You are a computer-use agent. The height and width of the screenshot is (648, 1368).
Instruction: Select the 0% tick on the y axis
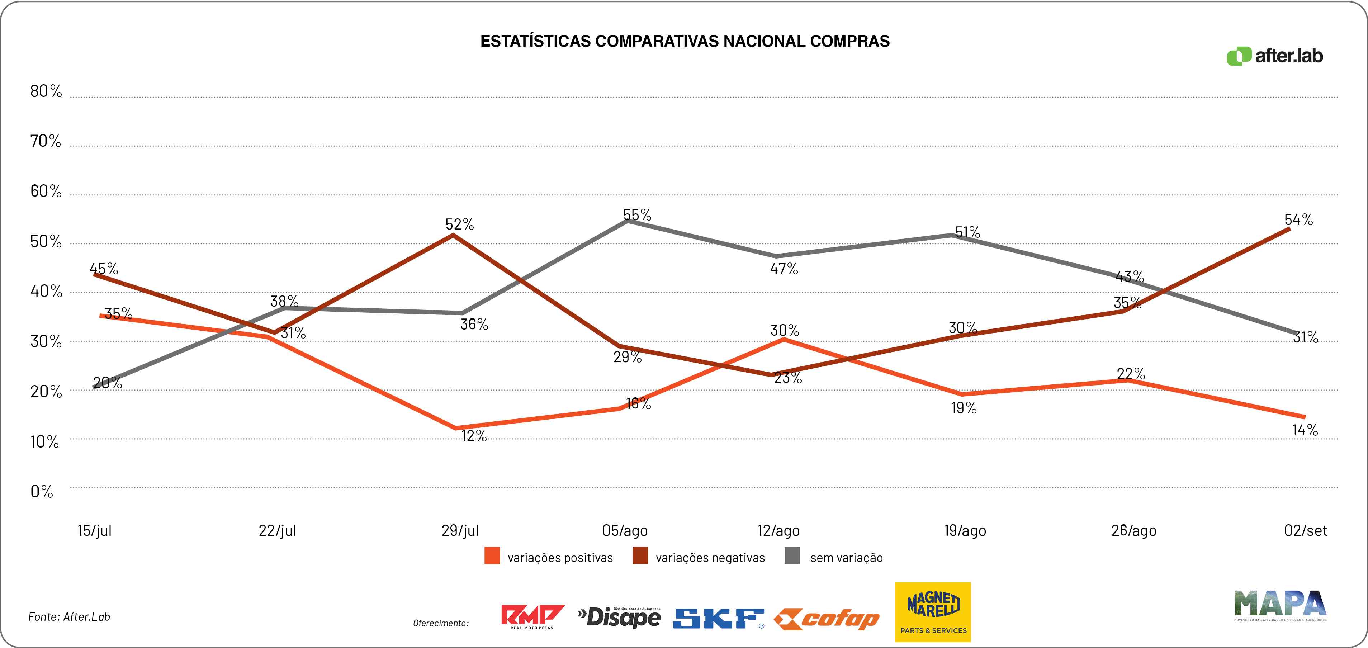coord(42,492)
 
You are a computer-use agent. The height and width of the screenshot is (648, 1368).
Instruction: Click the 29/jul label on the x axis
coord(460,531)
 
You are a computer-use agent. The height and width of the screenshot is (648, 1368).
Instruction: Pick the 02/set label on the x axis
coord(1305,531)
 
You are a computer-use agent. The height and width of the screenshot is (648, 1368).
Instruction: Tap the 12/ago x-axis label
coord(778,531)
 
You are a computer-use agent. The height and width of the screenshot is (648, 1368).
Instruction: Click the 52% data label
coord(459,224)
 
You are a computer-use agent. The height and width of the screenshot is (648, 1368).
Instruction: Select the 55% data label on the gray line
coord(637,214)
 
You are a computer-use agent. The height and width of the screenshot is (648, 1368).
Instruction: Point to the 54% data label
coord(1298,219)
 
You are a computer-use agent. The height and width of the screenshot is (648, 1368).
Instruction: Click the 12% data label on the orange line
coord(474,436)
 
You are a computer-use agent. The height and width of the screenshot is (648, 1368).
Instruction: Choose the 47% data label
coord(784,269)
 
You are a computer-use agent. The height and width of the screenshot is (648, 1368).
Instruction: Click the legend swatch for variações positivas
coord(492,556)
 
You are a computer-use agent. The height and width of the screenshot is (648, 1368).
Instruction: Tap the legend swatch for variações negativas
coord(640,556)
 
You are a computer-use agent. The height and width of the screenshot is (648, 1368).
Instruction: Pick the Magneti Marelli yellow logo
coord(933,612)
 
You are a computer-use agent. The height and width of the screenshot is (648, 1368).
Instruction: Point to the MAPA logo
coord(1280,606)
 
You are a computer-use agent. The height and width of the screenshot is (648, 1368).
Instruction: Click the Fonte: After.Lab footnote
coord(69,617)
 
